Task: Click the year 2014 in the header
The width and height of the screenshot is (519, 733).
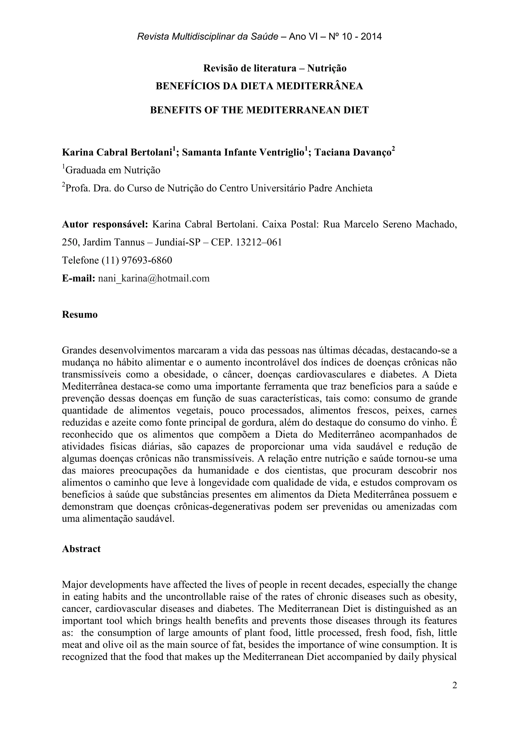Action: (371, 37)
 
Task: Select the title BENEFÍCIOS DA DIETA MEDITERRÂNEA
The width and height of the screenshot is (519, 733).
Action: (259, 86)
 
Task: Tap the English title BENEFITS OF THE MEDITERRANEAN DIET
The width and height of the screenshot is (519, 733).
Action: (259, 110)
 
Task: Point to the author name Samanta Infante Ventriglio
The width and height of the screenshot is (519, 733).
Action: (243, 153)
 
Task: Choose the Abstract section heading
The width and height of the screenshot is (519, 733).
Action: (81, 549)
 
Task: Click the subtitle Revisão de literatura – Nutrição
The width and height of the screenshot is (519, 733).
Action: (275, 68)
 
